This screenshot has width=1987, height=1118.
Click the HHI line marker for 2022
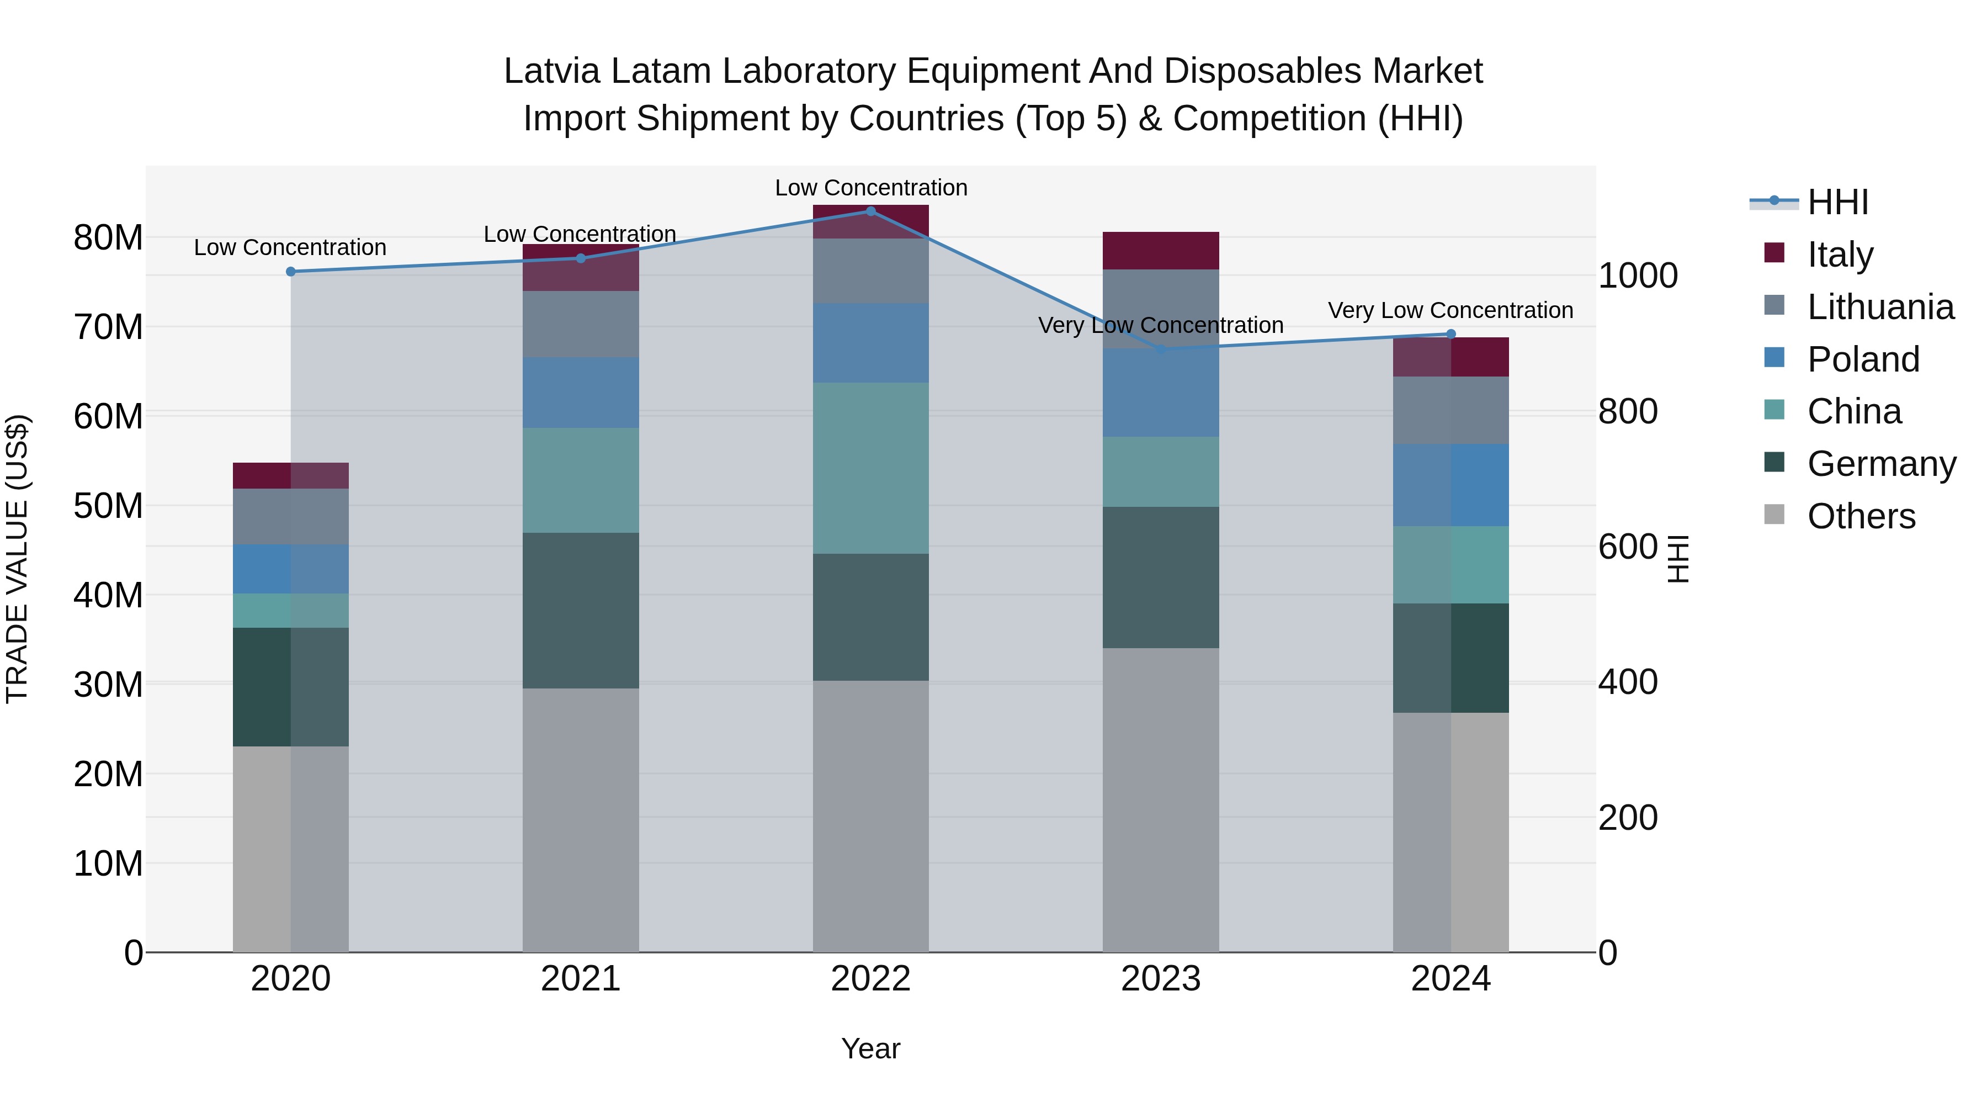[871, 211]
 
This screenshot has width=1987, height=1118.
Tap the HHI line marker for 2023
[1161, 349]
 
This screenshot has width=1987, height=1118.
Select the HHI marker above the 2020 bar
[291, 272]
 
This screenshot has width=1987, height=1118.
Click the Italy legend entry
[1840, 254]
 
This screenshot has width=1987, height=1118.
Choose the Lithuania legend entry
[1880, 306]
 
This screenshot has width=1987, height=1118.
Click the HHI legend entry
[1837, 202]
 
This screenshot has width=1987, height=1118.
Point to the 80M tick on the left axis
[108, 237]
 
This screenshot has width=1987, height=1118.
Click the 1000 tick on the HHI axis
[1638, 275]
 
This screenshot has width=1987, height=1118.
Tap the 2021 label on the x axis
[581, 979]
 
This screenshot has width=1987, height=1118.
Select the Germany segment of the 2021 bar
[581, 610]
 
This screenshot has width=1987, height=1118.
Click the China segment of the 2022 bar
[871, 468]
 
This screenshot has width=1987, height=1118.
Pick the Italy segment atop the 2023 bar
[1161, 250]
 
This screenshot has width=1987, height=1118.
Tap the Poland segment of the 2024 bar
[1451, 485]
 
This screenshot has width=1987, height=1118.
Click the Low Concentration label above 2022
[871, 188]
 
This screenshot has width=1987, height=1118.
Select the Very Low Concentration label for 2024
[1450, 310]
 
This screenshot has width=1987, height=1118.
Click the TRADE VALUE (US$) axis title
[18, 559]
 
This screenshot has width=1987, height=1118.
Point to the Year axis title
[871, 1048]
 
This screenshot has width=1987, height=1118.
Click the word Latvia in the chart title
[552, 71]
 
